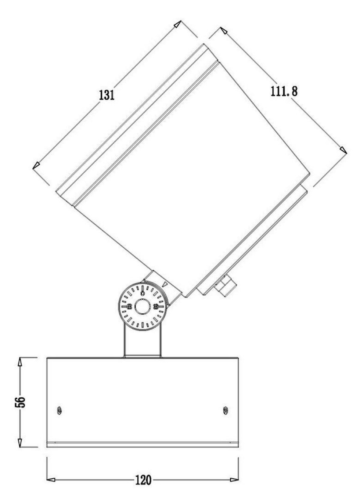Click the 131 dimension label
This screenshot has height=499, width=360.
[x=106, y=95]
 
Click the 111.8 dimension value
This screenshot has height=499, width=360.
[x=284, y=91]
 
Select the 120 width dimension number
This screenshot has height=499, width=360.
[x=143, y=466]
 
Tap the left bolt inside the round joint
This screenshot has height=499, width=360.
[x=129, y=307]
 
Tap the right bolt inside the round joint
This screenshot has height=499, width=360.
[x=156, y=307]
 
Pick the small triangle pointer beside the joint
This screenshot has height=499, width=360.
[x=165, y=284]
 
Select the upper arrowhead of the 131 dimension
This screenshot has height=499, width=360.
[x=177, y=24]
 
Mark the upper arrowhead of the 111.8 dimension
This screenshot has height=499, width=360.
[x=224, y=30]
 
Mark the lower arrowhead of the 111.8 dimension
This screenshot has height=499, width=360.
[x=343, y=150]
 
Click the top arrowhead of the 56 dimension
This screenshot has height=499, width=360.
[x=20, y=362]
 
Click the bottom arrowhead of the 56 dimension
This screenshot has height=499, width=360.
[x=20, y=436]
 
